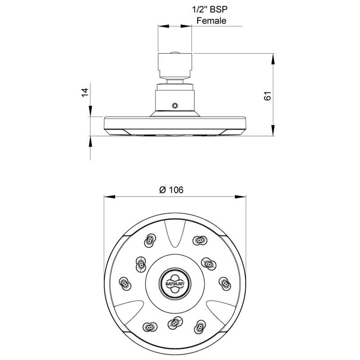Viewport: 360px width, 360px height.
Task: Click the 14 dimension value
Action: coord(85,92)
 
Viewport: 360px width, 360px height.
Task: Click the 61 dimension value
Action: coord(268,96)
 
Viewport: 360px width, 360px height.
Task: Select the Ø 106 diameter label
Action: coord(171,190)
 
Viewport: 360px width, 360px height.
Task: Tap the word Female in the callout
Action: coord(211,21)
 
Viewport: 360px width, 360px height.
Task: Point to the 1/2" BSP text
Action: coord(210,9)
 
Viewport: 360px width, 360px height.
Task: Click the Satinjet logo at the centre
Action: coord(175,283)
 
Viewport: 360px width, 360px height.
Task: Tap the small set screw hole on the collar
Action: coord(175,105)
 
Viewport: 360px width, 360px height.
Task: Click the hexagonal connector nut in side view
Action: coord(175,65)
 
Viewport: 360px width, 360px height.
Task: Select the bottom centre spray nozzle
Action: coord(175,323)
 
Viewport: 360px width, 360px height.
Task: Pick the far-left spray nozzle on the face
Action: coord(125,284)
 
